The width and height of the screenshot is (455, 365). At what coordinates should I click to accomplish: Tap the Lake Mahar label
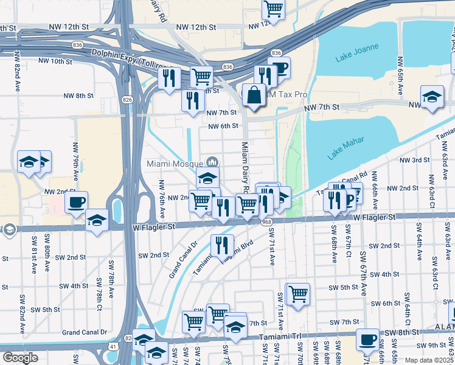tap(346, 148)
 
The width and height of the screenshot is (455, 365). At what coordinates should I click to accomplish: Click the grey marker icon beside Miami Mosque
tap(212, 162)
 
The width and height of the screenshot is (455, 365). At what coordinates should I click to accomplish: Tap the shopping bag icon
tap(254, 96)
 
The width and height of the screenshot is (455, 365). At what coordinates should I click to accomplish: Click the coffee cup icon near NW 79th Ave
tap(76, 202)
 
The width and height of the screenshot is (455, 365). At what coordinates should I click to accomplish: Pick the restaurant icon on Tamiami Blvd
tap(222, 245)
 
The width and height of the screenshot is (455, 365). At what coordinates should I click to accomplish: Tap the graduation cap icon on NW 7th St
tap(432, 97)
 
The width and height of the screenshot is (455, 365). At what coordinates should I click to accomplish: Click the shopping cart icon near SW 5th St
tap(298, 294)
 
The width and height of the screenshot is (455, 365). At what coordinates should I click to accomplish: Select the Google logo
tap(19, 358)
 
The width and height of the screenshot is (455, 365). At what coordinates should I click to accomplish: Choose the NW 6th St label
tap(222, 127)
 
